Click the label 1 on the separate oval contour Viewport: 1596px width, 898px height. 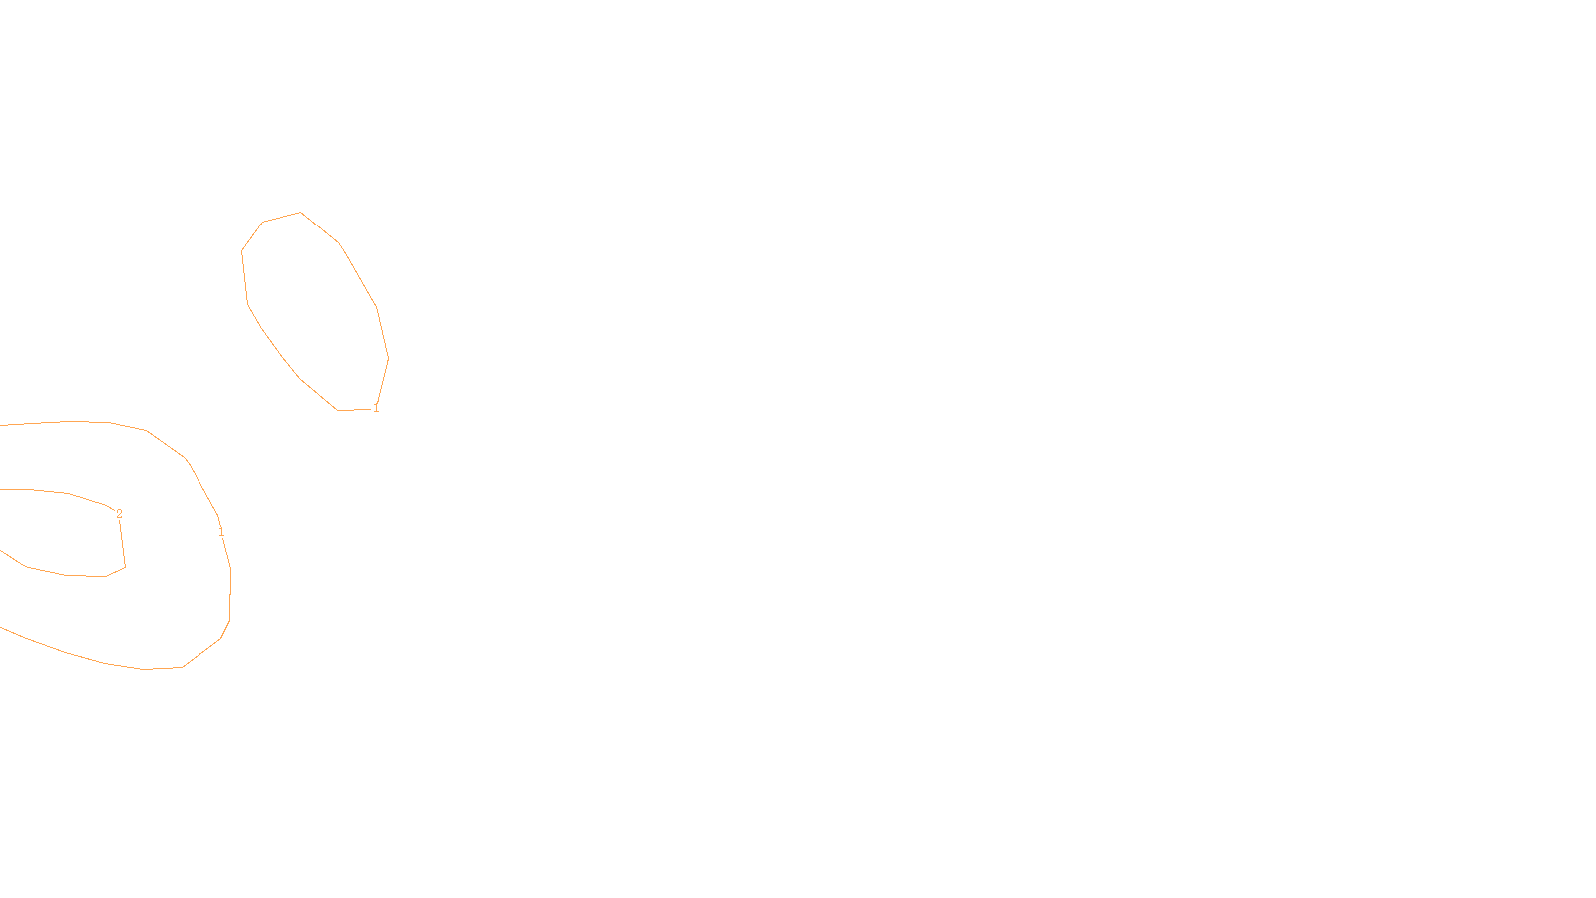click(x=376, y=408)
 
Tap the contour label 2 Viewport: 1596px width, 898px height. click(x=119, y=514)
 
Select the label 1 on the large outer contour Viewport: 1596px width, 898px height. click(x=221, y=532)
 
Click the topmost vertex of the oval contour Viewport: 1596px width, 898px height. click(x=300, y=212)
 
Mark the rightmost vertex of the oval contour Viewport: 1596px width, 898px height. click(x=388, y=358)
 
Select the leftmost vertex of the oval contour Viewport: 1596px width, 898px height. click(x=242, y=251)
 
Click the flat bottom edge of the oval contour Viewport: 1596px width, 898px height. click(x=354, y=409)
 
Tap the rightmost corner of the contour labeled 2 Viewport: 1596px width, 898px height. click(x=125, y=567)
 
